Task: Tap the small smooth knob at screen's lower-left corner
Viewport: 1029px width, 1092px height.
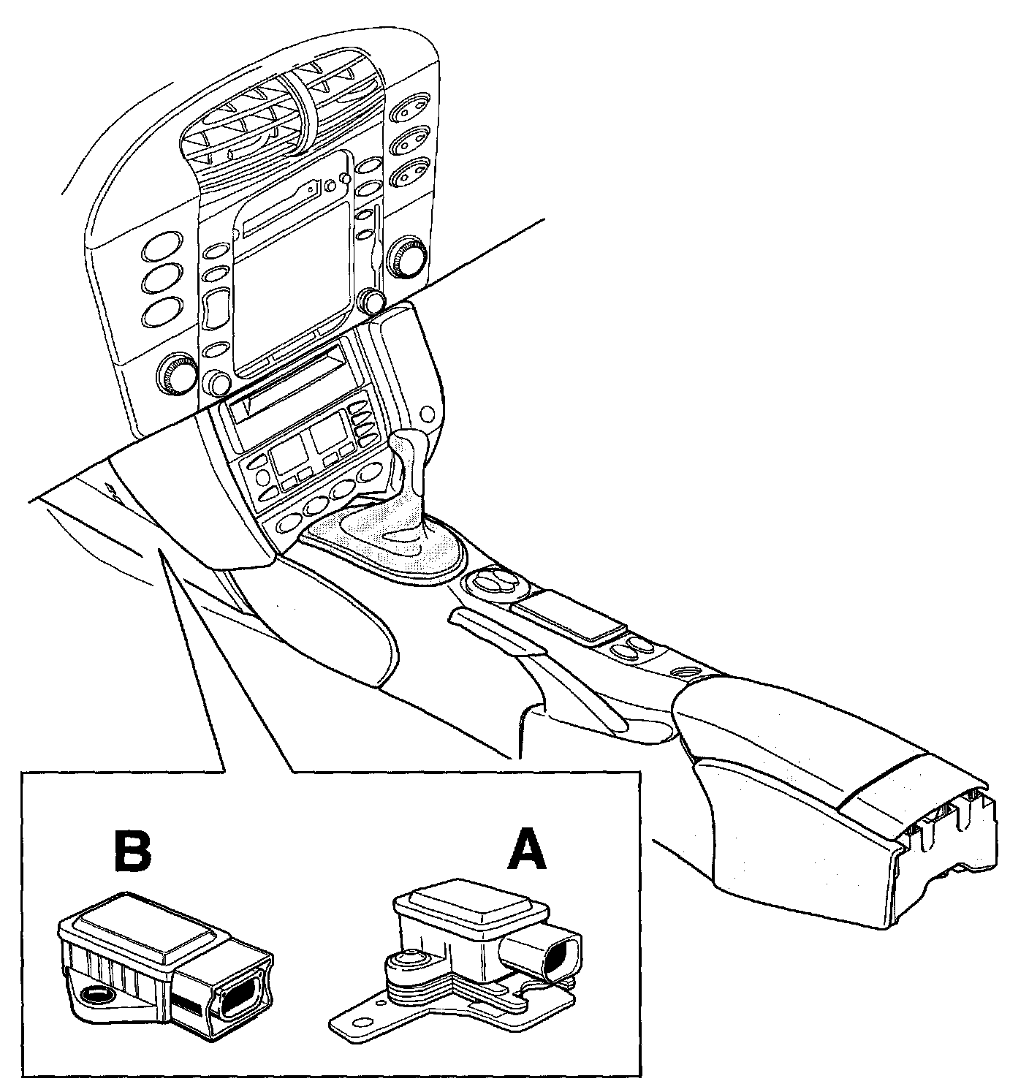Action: coord(218,382)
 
